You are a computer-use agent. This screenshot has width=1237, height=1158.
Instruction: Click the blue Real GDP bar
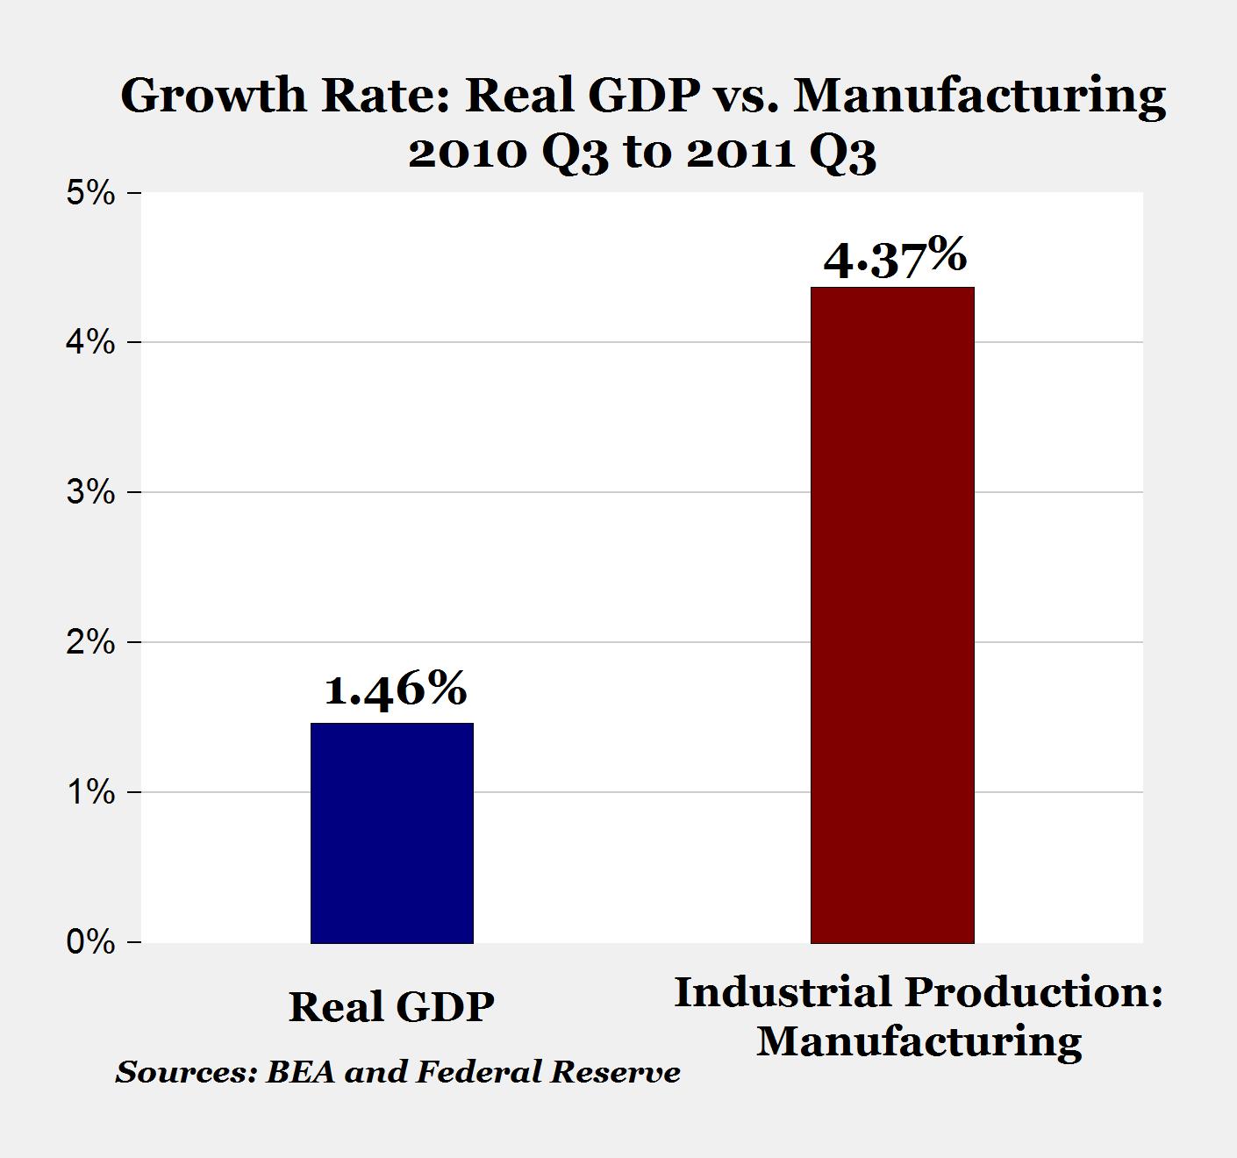[x=392, y=833]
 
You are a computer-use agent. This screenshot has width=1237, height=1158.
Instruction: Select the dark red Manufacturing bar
[x=892, y=615]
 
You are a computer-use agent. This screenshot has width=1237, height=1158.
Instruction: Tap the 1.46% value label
[x=396, y=690]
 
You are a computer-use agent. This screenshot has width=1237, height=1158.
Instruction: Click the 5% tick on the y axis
[x=90, y=193]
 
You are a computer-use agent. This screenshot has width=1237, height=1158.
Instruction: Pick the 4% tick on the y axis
[x=90, y=342]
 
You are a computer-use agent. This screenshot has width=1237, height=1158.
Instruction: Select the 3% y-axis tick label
[x=90, y=492]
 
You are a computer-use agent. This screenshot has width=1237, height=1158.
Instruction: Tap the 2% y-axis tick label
[x=90, y=642]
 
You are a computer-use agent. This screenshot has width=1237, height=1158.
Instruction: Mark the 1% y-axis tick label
[x=90, y=792]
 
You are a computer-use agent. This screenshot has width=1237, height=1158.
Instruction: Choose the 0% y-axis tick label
[x=90, y=942]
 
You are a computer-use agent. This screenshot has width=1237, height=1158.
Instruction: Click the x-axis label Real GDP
[x=391, y=1006]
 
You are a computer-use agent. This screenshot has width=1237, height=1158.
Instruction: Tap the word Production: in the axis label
[x=1033, y=992]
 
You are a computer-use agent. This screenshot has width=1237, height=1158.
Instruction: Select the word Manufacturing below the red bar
[x=919, y=1041]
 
